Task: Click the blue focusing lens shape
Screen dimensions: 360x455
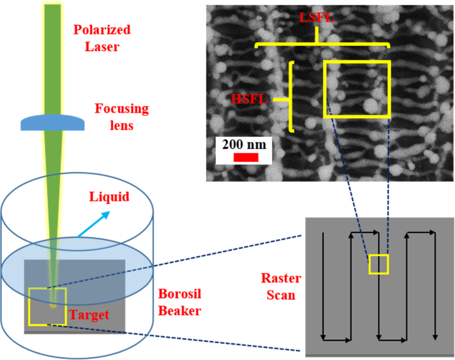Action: tap(52, 123)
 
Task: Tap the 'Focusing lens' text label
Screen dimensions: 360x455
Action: tap(121, 117)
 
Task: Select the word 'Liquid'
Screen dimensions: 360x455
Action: tap(109, 197)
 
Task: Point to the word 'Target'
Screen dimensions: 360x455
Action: tap(88, 316)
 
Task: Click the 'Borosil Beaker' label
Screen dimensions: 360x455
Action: tap(180, 302)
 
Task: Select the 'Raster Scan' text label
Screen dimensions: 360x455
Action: tap(280, 287)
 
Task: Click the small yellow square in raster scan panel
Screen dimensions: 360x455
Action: tap(378, 265)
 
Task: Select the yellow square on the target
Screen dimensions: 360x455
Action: tap(47, 306)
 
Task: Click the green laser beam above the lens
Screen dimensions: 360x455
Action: tap(52, 58)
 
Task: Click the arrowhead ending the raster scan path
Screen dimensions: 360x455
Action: tap(434, 334)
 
